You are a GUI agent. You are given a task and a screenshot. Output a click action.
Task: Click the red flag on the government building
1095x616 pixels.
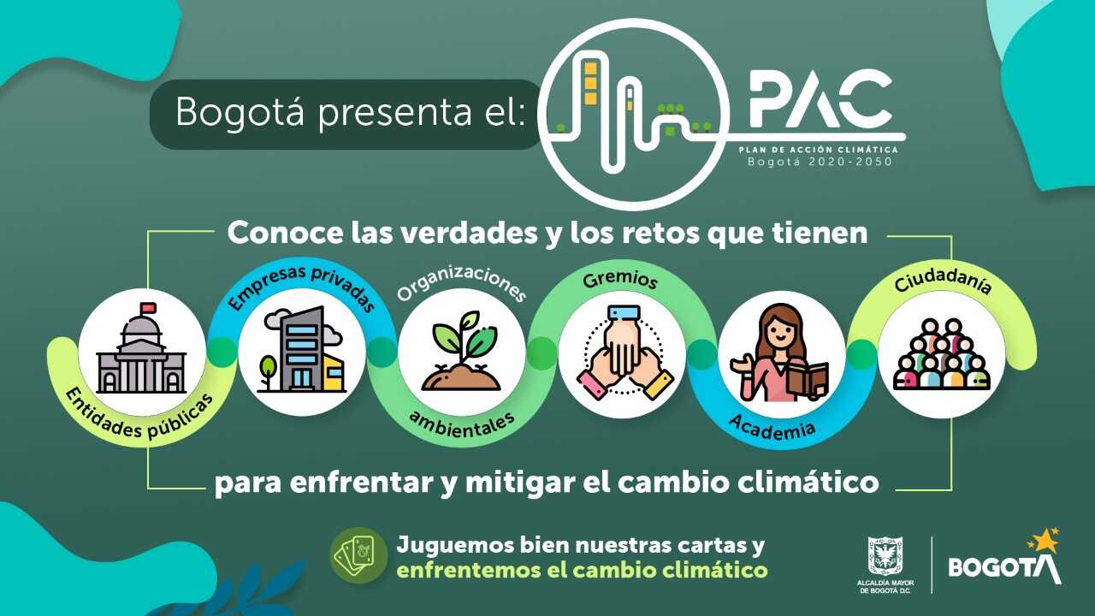[x=148, y=308]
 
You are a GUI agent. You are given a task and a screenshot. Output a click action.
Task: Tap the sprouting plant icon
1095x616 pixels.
[x=461, y=351]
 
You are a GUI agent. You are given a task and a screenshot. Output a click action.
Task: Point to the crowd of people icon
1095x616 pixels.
[x=942, y=354]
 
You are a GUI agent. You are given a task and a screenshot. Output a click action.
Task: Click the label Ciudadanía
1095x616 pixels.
[x=943, y=282]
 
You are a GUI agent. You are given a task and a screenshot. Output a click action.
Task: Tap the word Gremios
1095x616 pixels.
[x=620, y=279]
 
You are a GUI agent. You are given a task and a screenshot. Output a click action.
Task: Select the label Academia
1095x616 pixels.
[x=772, y=426]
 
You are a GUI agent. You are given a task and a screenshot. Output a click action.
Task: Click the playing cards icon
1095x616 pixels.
[x=358, y=555]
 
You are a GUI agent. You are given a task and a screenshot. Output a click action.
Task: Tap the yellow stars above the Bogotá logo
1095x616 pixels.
[x=1045, y=540]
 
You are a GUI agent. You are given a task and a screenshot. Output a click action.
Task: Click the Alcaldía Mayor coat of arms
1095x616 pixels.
[x=885, y=555]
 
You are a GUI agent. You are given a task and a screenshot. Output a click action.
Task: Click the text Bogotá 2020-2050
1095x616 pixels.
[x=820, y=162]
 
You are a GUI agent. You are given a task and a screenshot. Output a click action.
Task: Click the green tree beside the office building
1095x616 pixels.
[x=268, y=371]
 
